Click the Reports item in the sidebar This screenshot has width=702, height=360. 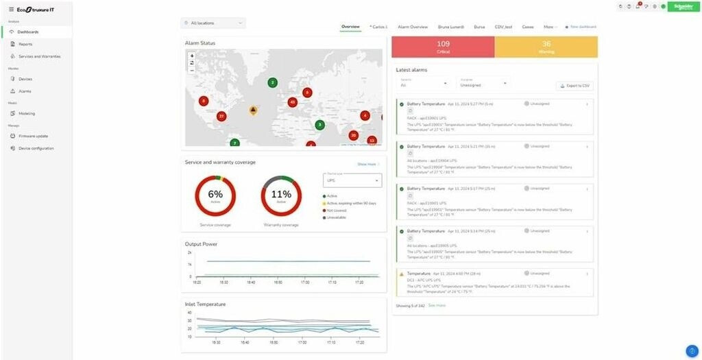coord(25,44)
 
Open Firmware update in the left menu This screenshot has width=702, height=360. coord(33,136)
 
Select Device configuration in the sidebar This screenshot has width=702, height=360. coord(36,148)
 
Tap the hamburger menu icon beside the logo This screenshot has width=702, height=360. coord(11,9)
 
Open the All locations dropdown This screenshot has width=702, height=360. coord(213,23)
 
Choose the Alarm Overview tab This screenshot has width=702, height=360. coord(413,27)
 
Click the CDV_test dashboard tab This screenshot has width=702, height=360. coord(503,27)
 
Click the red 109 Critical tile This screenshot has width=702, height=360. coord(443,47)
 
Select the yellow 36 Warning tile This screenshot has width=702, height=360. coord(546,47)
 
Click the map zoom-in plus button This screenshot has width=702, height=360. coord(192,56)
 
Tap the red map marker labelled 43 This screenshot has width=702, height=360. coord(293,102)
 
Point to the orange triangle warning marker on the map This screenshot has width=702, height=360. coord(253,109)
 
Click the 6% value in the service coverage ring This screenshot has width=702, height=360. coord(215,195)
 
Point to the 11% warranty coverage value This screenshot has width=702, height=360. coord(281,195)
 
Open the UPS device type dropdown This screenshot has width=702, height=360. coord(352,180)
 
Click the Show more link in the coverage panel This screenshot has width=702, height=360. coord(367,165)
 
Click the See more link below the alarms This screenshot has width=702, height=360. coord(437,305)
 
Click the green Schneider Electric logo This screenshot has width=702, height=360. coord(683,7)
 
